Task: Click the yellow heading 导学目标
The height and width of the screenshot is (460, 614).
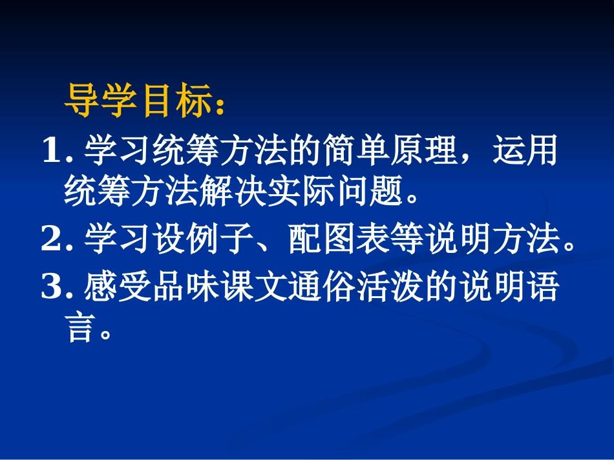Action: click(x=140, y=103)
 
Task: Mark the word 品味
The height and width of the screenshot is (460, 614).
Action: click(x=185, y=288)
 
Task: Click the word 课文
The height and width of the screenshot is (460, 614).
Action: click(x=253, y=288)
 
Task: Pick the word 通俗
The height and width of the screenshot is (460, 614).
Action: click(x=321, y=288)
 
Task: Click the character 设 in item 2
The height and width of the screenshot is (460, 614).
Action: click(x=168, y=240)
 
